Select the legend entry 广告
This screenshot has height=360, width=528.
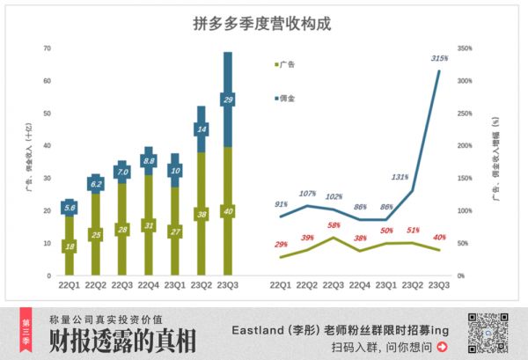286,65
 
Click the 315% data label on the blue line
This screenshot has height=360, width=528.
439,58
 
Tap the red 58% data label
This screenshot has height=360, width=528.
335,225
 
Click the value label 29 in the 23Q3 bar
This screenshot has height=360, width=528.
228,100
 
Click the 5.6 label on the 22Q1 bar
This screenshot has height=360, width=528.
70,208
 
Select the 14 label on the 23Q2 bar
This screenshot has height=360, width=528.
202,130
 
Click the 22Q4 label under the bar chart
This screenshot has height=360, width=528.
149,286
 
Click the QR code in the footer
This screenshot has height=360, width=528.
487,333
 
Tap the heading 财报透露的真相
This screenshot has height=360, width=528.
123,342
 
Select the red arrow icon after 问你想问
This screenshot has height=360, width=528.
441,348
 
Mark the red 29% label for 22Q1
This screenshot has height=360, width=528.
281,243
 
